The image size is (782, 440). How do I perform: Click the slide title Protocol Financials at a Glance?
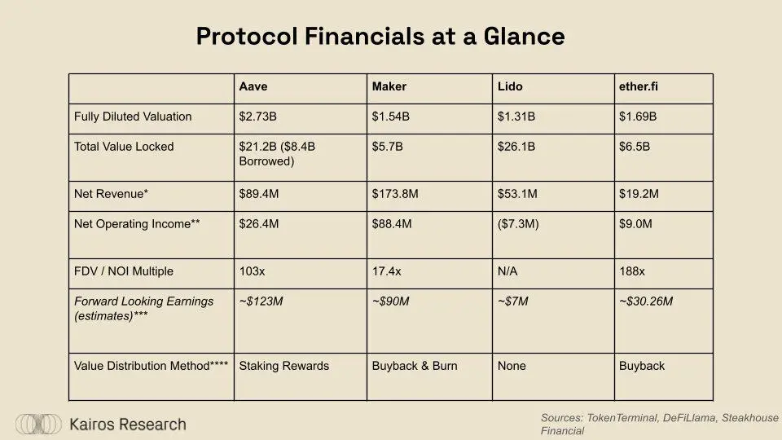pyautogui.click(x=380, y=37)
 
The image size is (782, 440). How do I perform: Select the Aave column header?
pyautogui.click(x=253, y=86)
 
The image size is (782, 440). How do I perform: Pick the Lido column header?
pyautogui.click(x=511, y=86)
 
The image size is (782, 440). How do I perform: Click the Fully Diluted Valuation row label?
pyautogui.click(x=133, y=117)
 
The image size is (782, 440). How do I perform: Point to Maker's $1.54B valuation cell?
pyautogui.click(x=391, y=117)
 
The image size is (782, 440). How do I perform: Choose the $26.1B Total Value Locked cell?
pyautogui.click(x=516, y=147)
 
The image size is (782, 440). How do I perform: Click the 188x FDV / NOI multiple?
pyautogui.click(x=633, y=271)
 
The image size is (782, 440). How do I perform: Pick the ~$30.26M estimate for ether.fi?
pyautogui.click(x=646, y=301)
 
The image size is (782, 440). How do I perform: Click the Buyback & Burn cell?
pyautogui.click(x=415, y=366)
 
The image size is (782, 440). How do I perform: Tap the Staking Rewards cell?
pyautogui.click(x=283, y=366)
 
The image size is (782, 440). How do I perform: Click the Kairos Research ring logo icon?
pyautogui.click(x=38, y=424)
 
